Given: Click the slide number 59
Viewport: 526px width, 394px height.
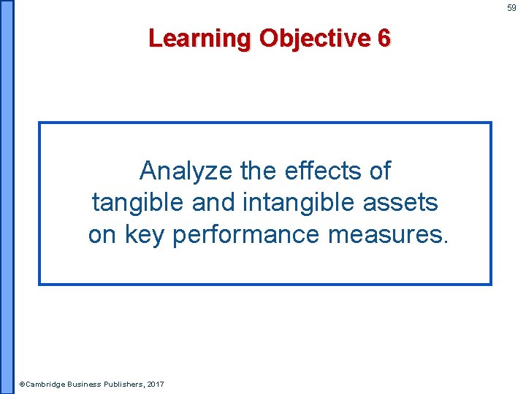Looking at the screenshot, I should tap(512, 8).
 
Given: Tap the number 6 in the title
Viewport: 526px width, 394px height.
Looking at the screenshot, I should tap(384, 38).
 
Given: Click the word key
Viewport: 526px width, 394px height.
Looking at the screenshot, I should tap(146, 234).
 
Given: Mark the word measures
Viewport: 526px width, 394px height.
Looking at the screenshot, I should tap(385, 234).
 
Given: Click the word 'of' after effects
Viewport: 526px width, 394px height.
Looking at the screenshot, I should tap(379, 171).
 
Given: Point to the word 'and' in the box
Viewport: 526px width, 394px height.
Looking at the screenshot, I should tap(213, 202).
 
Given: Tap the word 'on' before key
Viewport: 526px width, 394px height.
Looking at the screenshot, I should tap(103, 234).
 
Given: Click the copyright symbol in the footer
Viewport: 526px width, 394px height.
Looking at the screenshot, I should tap(22, 384).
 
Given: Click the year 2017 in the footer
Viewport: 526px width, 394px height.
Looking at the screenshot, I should tap(155, 384).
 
